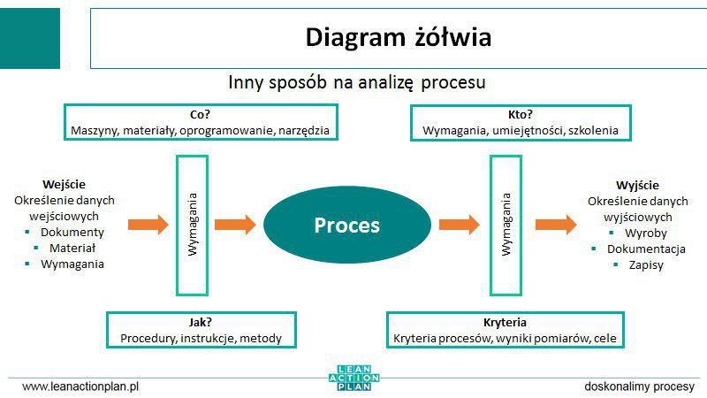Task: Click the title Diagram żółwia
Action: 398,37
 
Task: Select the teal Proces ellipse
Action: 346,225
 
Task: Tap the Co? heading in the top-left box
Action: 200,113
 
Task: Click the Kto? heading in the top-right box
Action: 521,113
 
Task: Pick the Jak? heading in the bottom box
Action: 200,322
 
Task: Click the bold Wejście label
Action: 65,184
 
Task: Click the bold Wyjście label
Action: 636,185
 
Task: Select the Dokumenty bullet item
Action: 72,232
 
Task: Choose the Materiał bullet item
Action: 72,248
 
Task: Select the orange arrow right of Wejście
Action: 148,225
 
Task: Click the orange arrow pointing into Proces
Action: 234,225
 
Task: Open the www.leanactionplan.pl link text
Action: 81,387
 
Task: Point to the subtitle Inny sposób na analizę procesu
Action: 358,82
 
